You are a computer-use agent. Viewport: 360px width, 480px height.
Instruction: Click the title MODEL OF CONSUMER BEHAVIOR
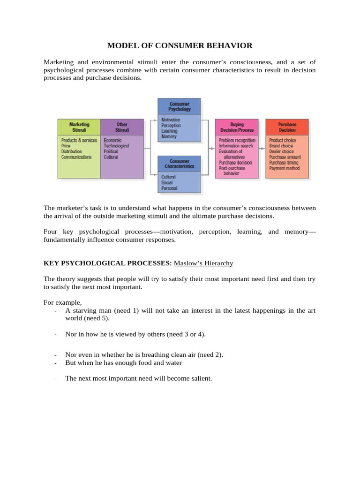pyautogui.click(x=180, y=45)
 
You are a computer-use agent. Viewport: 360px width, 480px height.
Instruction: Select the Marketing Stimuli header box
pyautogui.click(x=79, y=127)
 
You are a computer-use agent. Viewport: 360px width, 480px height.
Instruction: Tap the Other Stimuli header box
pyautogui.click(x=122, y=127)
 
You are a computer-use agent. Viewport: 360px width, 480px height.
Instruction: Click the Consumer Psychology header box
pyautogui.click(x=180, y=106)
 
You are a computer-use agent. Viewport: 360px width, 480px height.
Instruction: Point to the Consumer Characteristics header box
pyautogui.click(x=180, y=164)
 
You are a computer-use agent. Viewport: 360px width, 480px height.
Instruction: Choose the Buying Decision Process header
pyautogui.click(x=237, y=127)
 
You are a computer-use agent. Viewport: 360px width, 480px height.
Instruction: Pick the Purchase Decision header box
pyautogui.click(x=287, y=127)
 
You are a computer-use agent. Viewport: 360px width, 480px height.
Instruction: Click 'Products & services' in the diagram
pyautogui.click(x=79, y=140)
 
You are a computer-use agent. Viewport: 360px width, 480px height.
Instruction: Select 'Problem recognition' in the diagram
pyautogui.click(x=237, y=140)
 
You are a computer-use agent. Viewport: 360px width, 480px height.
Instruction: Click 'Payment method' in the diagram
pyautogui.click(x=284, y=168)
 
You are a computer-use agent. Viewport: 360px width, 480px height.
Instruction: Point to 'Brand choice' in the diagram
pyautogui.click(x=281, y=146)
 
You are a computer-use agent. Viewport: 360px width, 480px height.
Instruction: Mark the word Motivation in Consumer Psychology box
pyautogui.click(x=171, y=120)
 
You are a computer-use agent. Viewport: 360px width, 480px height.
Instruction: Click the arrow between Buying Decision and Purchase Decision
pyautogui.click(x=262, y=148)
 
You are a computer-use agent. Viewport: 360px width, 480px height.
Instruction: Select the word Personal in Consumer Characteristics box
pyautogui.click(x=170, y=188)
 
